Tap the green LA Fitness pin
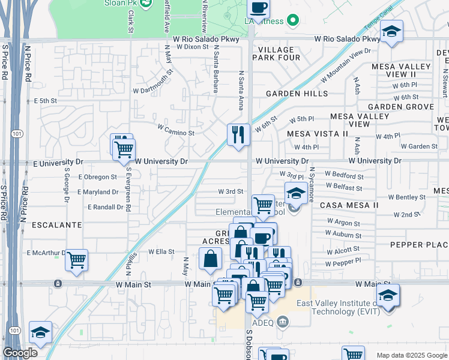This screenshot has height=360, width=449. pyautogui.click(x=293, y=21)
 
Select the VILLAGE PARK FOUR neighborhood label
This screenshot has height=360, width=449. pyautogui.click(x=277, y=53)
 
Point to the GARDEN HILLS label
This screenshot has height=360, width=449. pyautogui.click(x=297, y=94)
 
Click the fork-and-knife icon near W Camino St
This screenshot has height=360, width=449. pyautogui.click(x=238, y=134)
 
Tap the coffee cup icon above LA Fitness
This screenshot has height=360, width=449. pyautogui.click(x=258, y=8)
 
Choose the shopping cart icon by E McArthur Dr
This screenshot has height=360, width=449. pyautogui.click(x=76, y=260)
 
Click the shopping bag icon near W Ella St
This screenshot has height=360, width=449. pyautogui.click(x=211, y=259)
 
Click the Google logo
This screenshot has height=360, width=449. pyautogui.click(x=20, y=353)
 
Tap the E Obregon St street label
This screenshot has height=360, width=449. pyautogui.click(x=97, y=177)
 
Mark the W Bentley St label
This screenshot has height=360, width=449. pyautogui.click(x=406, y=197)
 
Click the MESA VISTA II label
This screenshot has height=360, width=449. pyautogui.click(x=317, y=133)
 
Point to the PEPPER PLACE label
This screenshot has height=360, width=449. pyautogui.click(x=419, y=245)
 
